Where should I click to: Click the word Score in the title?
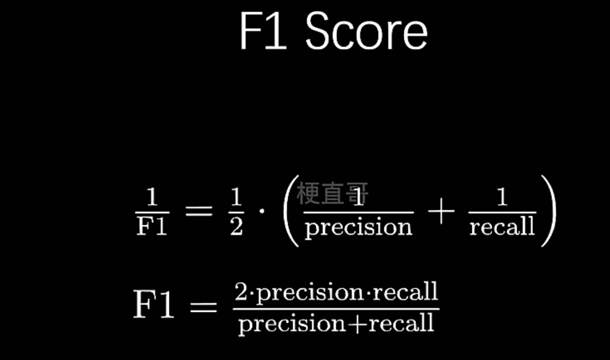pyautogui.click(x=366, y=32)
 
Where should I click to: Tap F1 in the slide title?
pyautogui.click(x=263, y=32)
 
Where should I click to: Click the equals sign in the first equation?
pyautogui.click(x=198, y=211)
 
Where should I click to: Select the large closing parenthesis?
pyautogui.click(x=547, y=211)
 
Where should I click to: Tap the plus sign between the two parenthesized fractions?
pyautogui.click(x=441, y=212)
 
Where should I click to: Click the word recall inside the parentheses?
pyautogui.click(x=501, y=226)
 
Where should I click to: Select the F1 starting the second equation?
pyautogui.click(x=154, y=305)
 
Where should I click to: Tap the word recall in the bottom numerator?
pyautogui.click(x=406, y=292)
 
